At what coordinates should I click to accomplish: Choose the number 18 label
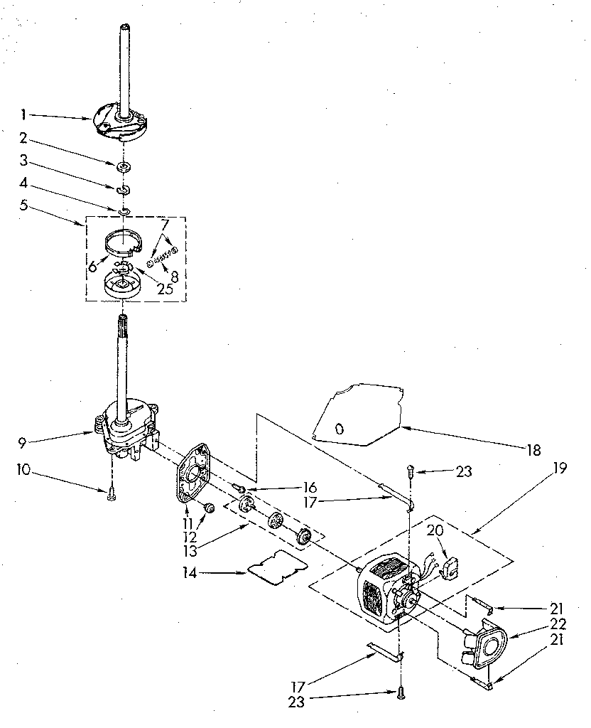click(535, 449)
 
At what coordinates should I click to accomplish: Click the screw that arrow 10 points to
click(111, 496)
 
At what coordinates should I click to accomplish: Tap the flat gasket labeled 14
click(275, 567)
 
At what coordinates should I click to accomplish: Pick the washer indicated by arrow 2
click(124, 166)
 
